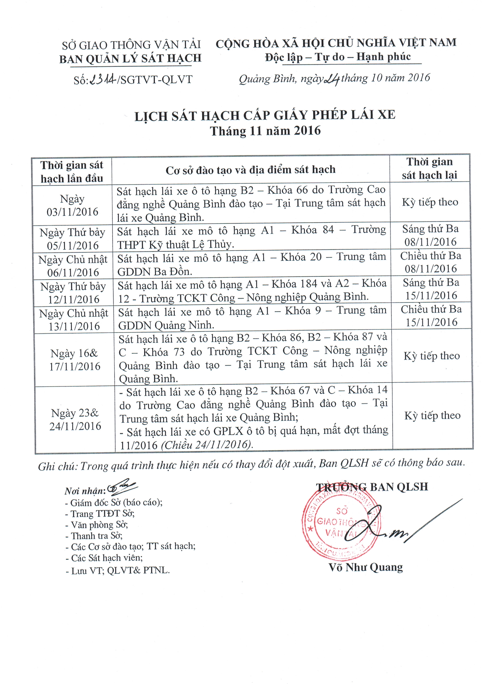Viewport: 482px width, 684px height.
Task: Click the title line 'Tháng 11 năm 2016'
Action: [265, 131]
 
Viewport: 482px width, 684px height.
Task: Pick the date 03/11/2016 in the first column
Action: [72, 212]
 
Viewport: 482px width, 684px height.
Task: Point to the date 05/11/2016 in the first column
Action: [73, 246]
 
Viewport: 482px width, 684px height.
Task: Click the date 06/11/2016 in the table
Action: [73, 272]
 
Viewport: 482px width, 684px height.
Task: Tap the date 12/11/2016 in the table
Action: [74, 299]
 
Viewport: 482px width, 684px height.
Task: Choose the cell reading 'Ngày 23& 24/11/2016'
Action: [75, 419]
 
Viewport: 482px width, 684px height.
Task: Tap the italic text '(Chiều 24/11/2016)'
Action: [207, 445]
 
